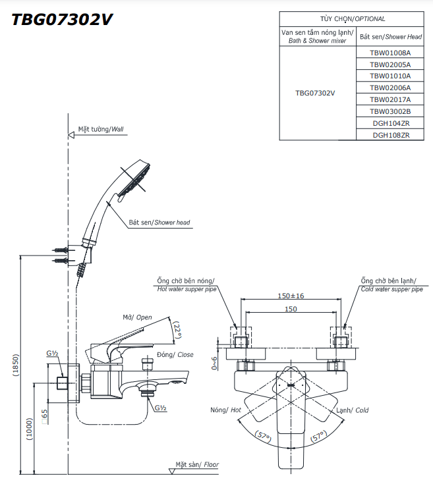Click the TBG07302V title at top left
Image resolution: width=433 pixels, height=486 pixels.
click(62, 20)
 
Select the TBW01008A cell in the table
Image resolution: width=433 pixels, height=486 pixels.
click(390, 53)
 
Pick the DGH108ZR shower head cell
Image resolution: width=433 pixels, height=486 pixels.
click(391, 135)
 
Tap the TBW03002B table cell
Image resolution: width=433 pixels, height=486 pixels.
click(390, 111)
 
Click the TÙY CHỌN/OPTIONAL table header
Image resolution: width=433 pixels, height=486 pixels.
click(353, 19)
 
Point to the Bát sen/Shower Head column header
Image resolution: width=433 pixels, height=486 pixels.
click(391, 37)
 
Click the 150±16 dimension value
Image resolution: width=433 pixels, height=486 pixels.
click(291, 296)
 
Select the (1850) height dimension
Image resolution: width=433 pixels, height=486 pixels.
click(16, 365)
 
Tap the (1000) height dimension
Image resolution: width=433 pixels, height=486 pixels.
click(30, 429)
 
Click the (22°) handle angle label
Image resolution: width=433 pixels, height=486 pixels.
click(177, 330)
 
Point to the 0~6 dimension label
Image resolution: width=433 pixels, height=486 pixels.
click(214, 363)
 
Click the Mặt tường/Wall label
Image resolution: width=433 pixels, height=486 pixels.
click(101, 129)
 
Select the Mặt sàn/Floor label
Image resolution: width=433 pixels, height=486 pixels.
click(197, 464)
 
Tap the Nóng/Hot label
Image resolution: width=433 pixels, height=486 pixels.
click(225, 410)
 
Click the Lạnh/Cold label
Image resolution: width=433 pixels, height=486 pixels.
click(353, 410)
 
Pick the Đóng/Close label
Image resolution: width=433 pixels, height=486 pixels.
click(175, 354)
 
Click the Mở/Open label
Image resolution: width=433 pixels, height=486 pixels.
click(137, 317)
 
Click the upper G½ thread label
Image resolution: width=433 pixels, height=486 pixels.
click(52, 353)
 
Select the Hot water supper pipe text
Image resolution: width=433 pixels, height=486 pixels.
click(187, 289)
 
